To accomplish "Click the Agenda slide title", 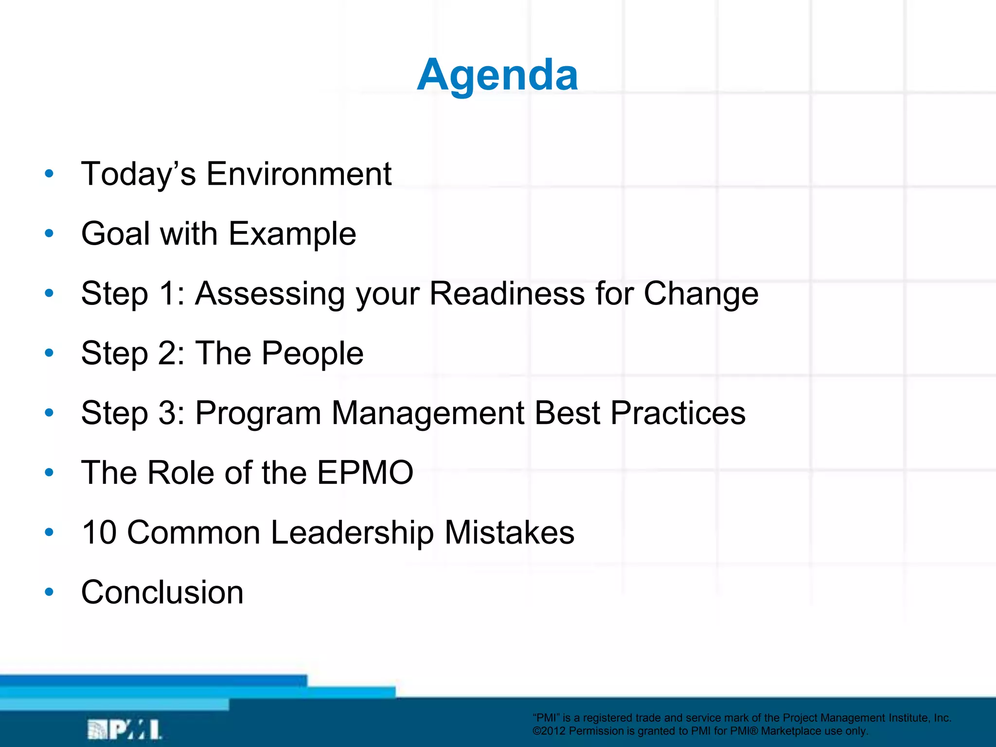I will (x=498, y=75).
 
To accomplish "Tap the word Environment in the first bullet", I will (x=299, y=174).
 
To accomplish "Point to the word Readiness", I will (x=507, y=293).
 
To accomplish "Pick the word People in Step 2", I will (x=312, y=354).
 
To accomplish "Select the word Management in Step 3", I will (x=427, y=413).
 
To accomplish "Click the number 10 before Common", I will (x=99, y=532).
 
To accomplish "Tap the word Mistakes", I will (x=509, y=532).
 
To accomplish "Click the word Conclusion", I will (x=162, y=592).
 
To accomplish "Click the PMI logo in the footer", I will (x=124, y=729).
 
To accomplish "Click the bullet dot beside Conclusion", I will (x=49, y=592).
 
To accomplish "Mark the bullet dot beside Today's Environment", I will (x=49, y=173).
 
